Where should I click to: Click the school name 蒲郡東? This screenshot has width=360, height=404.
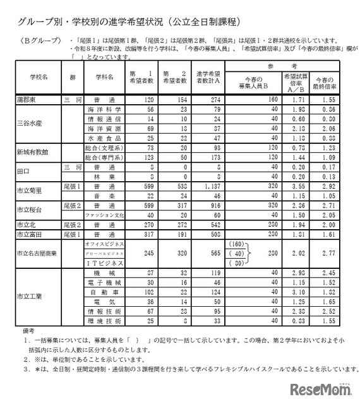[x=29, y=100]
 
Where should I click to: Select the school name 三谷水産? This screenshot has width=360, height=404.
[x=30, y=122]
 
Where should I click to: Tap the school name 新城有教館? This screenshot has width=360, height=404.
[x=33, y=151]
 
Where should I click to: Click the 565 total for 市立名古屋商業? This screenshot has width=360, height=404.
[x=204, y=252]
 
